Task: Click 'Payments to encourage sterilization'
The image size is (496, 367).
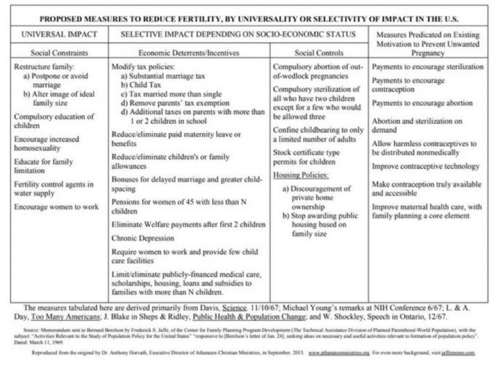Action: coord(428,67)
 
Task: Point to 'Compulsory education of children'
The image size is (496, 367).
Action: coord(46,121)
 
